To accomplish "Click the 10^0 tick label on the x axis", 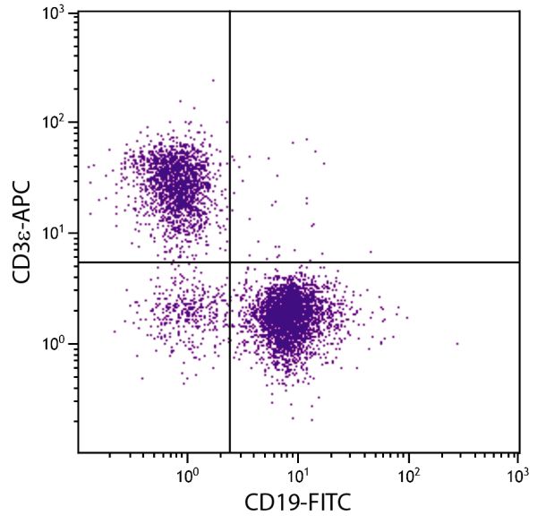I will tap(187, 471).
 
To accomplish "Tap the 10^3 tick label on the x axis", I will tap(518, 471).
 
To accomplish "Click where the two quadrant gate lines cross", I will tap(230, 262).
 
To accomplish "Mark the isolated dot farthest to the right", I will tap(456, 343).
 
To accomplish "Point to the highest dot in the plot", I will tap(213, 80).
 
